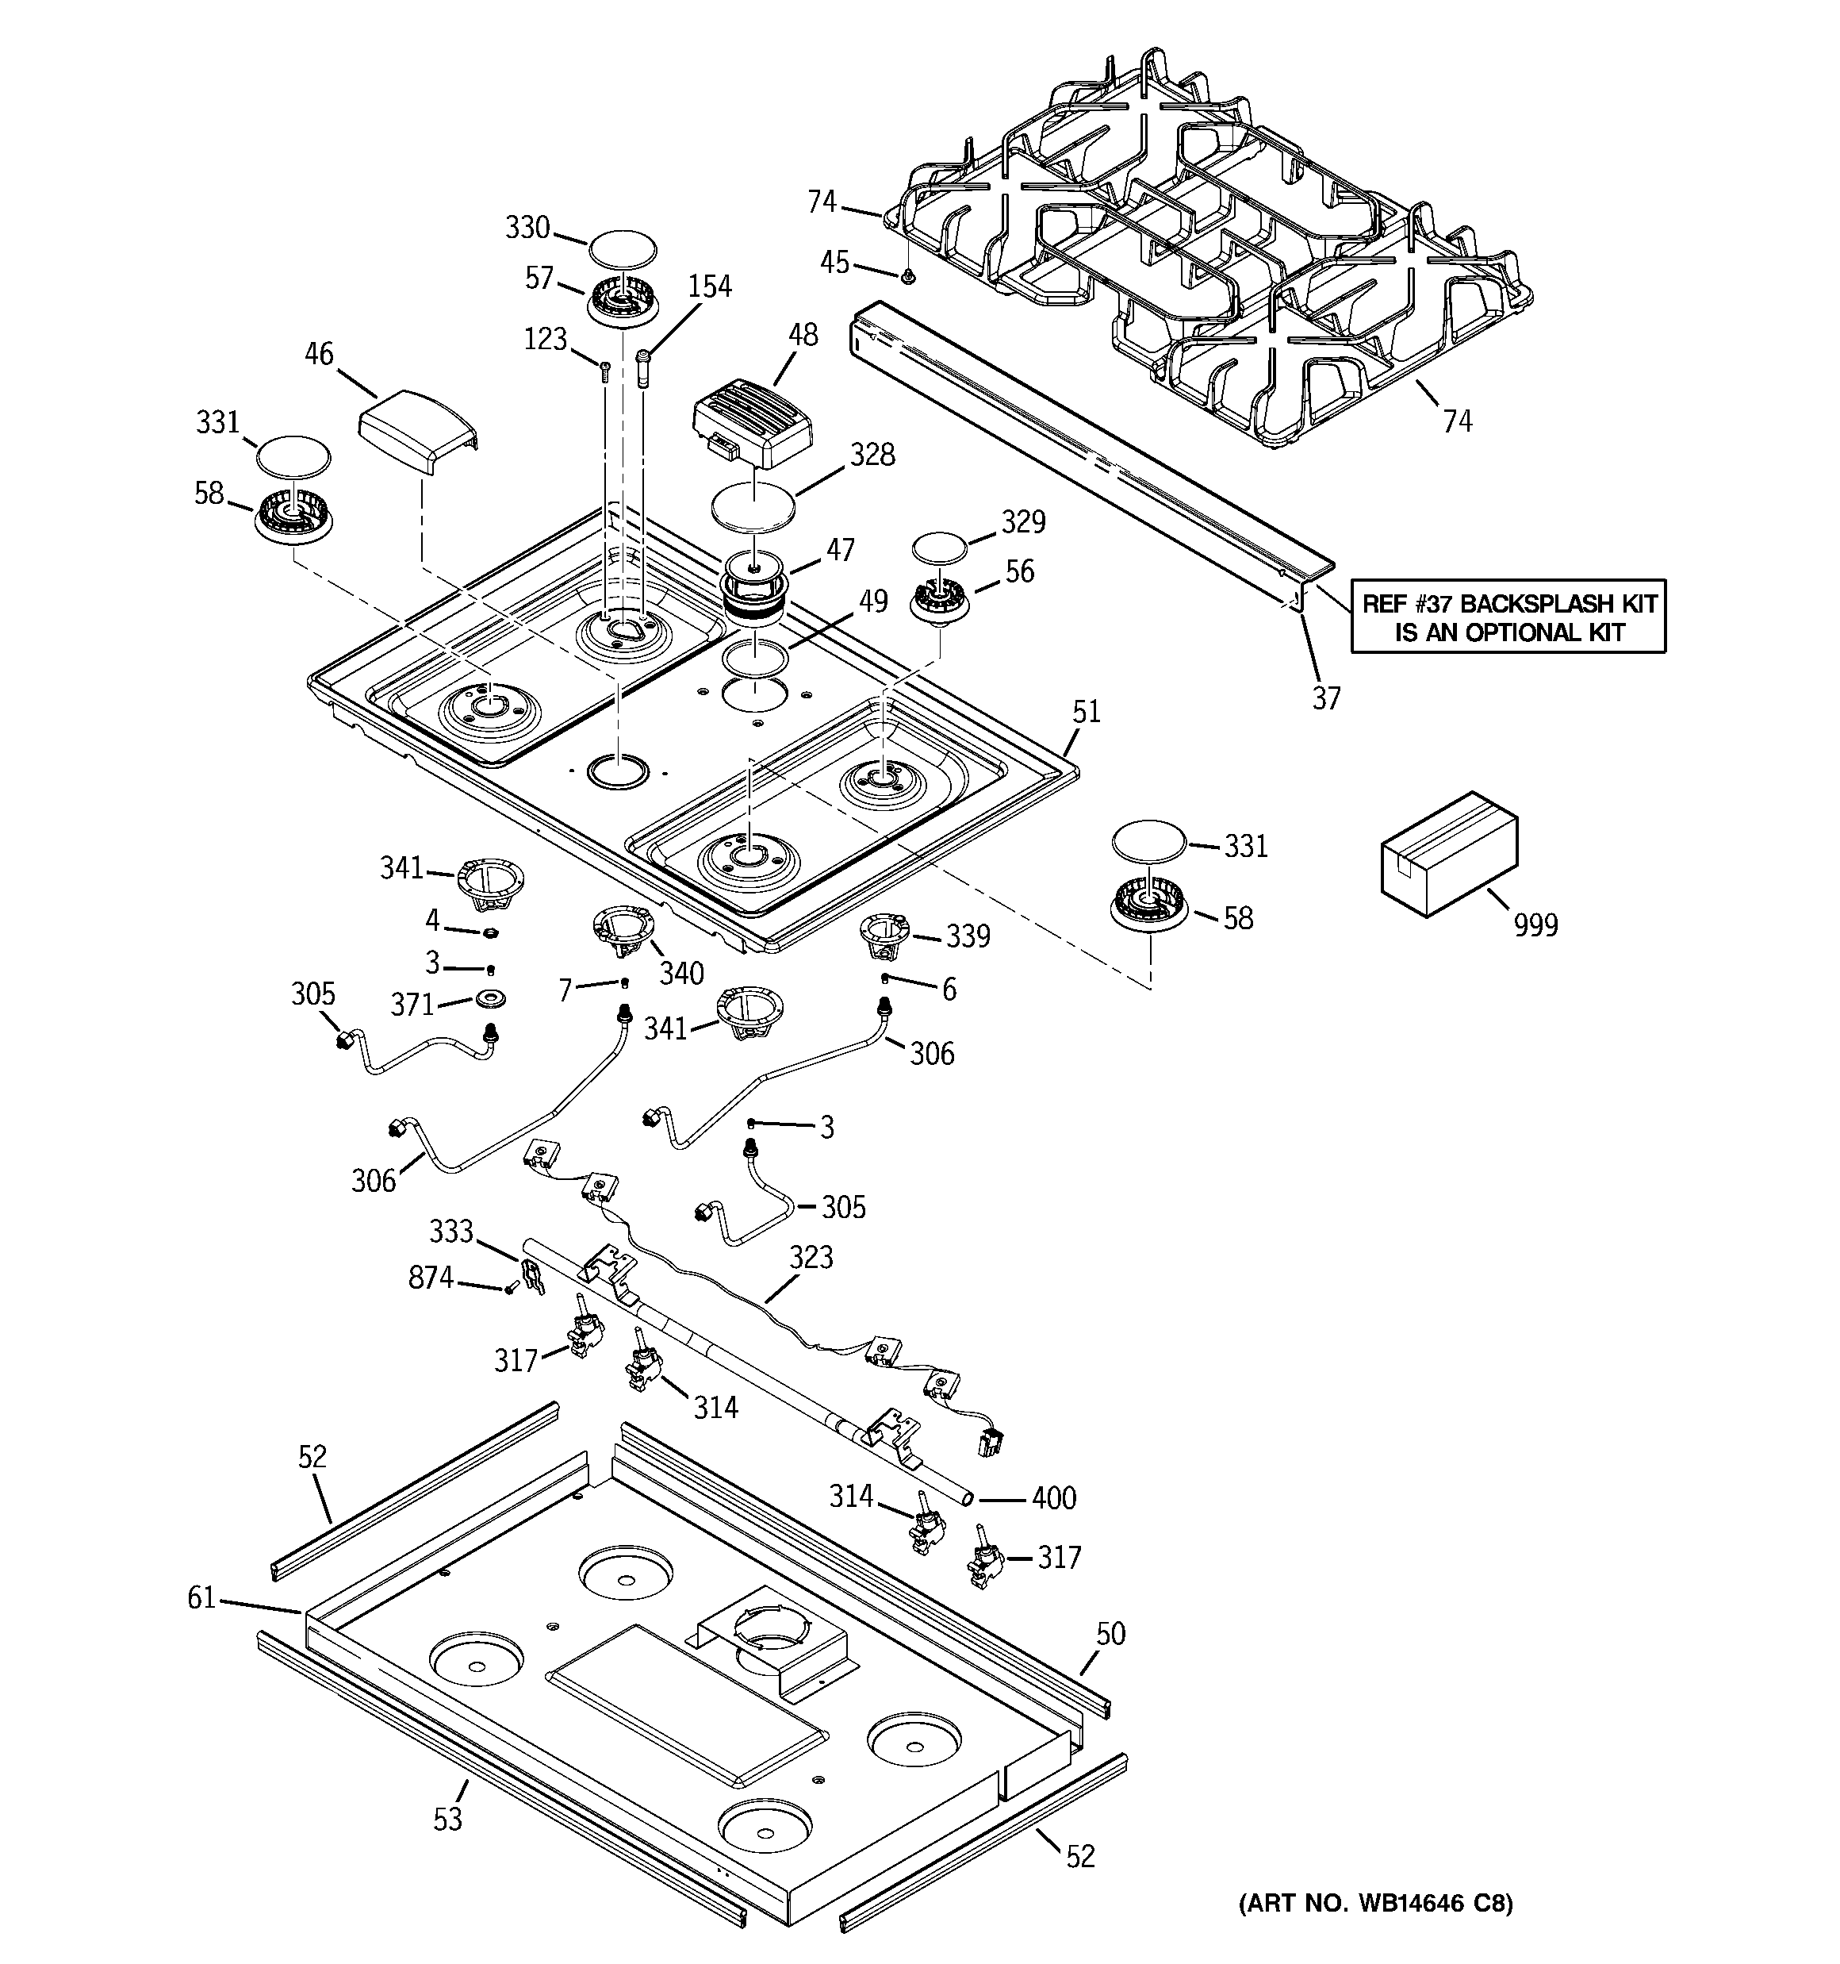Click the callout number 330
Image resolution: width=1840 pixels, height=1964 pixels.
[527, 229]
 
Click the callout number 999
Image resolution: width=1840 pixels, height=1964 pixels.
[1535, 926]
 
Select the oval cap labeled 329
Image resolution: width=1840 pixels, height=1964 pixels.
[938, 550]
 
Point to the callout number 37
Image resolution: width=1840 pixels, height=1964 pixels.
[1326, 698]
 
